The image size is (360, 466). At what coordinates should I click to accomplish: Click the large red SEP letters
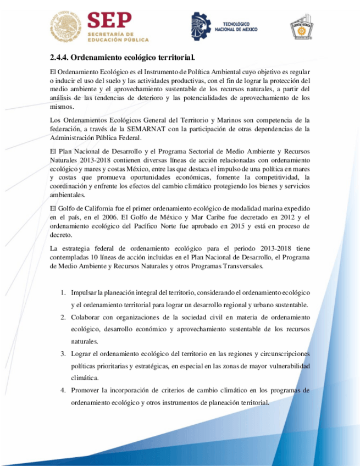(x=110, y=21)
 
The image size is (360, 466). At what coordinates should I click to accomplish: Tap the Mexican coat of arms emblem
(x=65, y=27)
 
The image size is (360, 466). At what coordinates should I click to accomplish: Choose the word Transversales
(x=240, y=267)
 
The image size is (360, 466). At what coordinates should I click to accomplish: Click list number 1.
(x=63, y=292)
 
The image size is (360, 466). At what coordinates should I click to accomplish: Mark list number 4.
(x=63, y=390)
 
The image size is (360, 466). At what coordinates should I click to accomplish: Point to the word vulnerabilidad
(x=289, y=366)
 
